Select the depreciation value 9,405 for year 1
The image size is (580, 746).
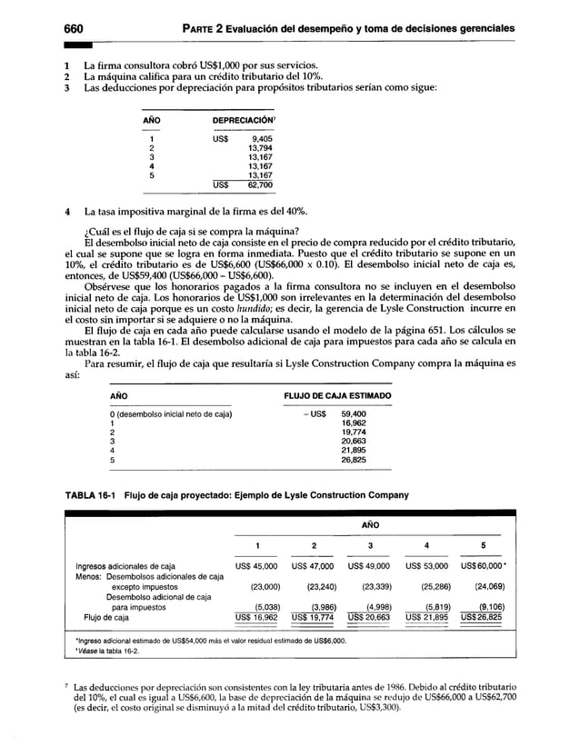pos(260,139)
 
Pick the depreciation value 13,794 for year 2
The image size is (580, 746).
pos(259,148)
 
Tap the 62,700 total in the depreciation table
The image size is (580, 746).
pos(259,184)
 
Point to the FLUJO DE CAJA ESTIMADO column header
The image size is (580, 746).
pos(337,397)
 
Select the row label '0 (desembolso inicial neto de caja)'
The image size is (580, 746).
pos(170,414)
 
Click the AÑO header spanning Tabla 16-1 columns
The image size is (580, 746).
pos(369,524)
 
